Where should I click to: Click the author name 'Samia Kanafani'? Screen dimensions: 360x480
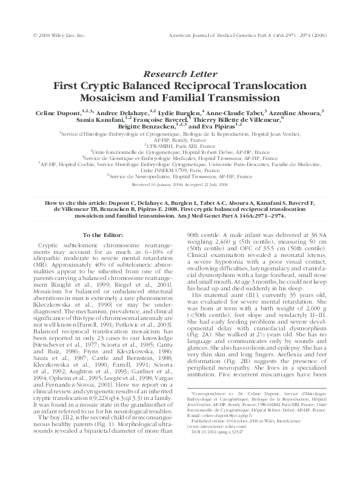click(93, 121)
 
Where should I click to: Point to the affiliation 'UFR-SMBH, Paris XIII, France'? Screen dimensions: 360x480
click(181, 146)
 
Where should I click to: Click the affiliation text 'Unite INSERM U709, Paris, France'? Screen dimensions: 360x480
click(180, 170)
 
